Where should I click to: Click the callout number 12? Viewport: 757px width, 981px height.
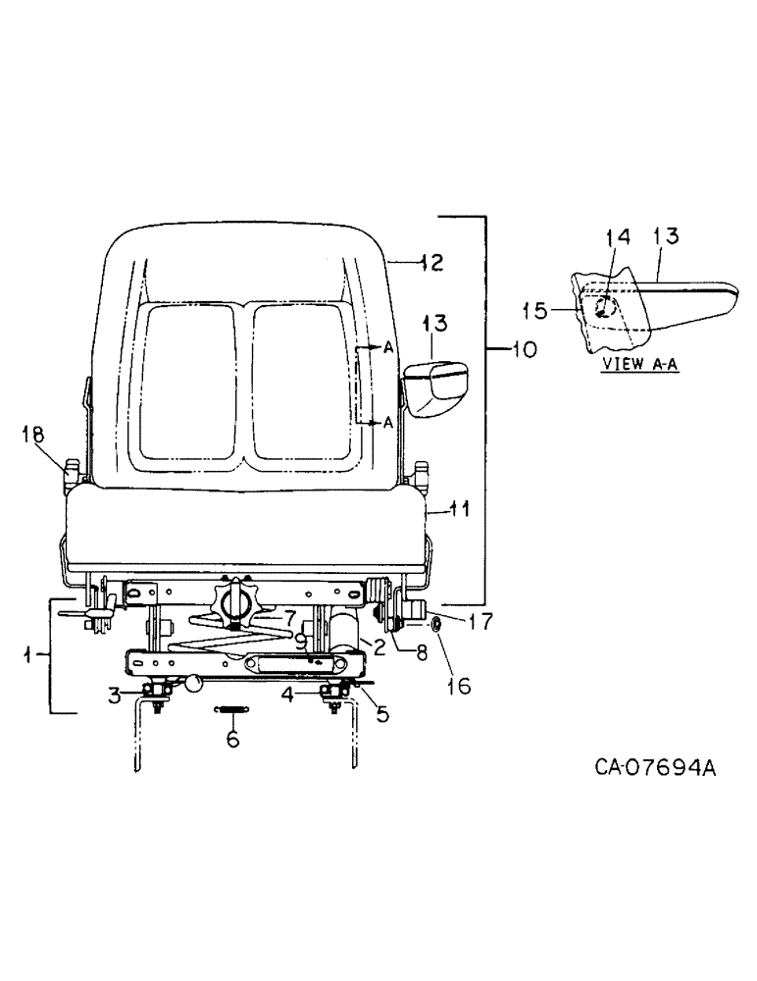tap(430, 263)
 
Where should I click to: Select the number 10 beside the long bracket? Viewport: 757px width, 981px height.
tap(523, 349)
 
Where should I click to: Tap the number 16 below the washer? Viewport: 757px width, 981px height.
tap(460, 686)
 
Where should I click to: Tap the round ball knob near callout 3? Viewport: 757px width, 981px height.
tap(196, 683)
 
